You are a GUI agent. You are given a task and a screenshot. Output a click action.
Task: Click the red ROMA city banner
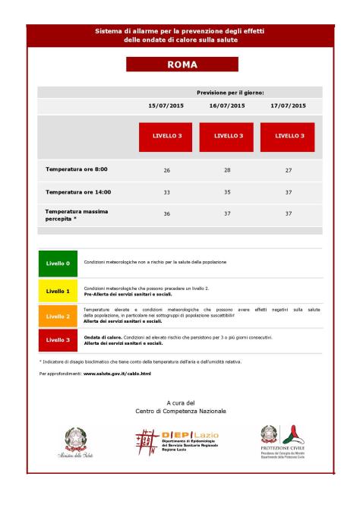tap(182, 65)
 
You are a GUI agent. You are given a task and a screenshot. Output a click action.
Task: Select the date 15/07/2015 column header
tap(166, 106)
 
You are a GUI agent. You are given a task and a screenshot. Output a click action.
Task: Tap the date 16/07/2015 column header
tap(227, 106)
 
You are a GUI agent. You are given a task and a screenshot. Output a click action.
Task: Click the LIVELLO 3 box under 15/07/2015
tap(166, 136)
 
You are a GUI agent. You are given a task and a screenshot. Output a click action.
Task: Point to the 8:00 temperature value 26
tap(166, 170)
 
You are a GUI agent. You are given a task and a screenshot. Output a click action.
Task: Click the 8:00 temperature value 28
tap(227, 170)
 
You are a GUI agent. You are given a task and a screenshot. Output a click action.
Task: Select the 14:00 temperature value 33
tap(166, 192)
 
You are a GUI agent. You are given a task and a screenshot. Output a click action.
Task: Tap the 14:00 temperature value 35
tap(227, 192)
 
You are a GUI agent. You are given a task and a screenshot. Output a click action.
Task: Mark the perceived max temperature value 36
tap(166, 214)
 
